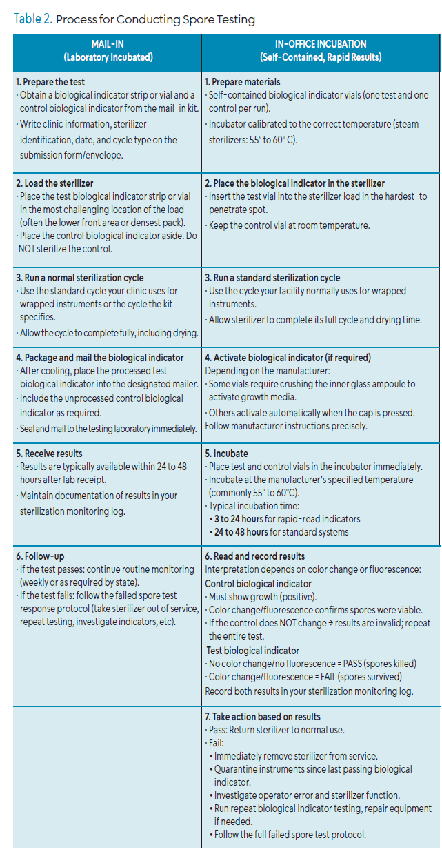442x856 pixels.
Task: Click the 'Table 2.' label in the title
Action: [x=32, y=19]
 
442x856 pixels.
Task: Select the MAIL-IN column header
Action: [x=108, y=50]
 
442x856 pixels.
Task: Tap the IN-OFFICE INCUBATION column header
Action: [x=321, y=50]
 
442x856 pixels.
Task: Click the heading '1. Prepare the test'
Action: [x=51, y=82]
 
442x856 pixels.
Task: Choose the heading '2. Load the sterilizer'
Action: [x=54, y=183]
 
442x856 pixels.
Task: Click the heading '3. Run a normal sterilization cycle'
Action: [x=79, y=278]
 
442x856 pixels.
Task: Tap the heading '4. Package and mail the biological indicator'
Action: [x=99, y=358]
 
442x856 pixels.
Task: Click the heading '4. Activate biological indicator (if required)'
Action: [x=288, y=358]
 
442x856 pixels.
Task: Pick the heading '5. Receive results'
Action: [x=49, y=454]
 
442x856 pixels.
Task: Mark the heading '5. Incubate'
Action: [x=229, y=454]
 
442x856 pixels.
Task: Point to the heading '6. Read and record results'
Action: [x=254, y=556]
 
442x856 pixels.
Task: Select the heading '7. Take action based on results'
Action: [x=263, y=717]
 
